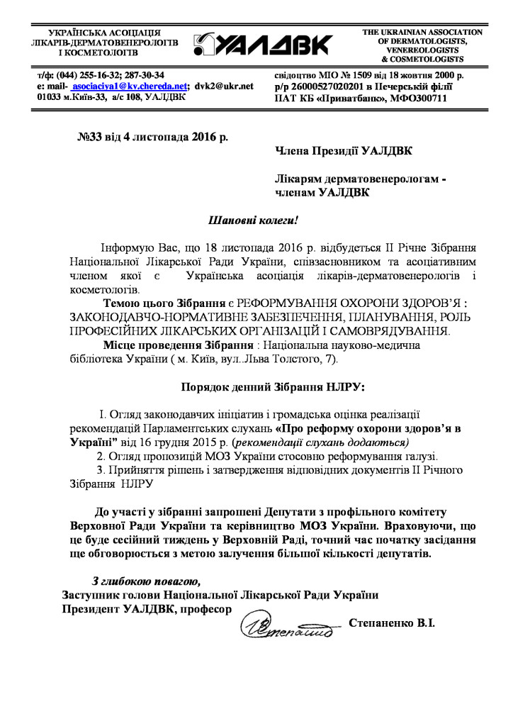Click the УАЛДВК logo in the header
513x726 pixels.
(262, 43)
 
